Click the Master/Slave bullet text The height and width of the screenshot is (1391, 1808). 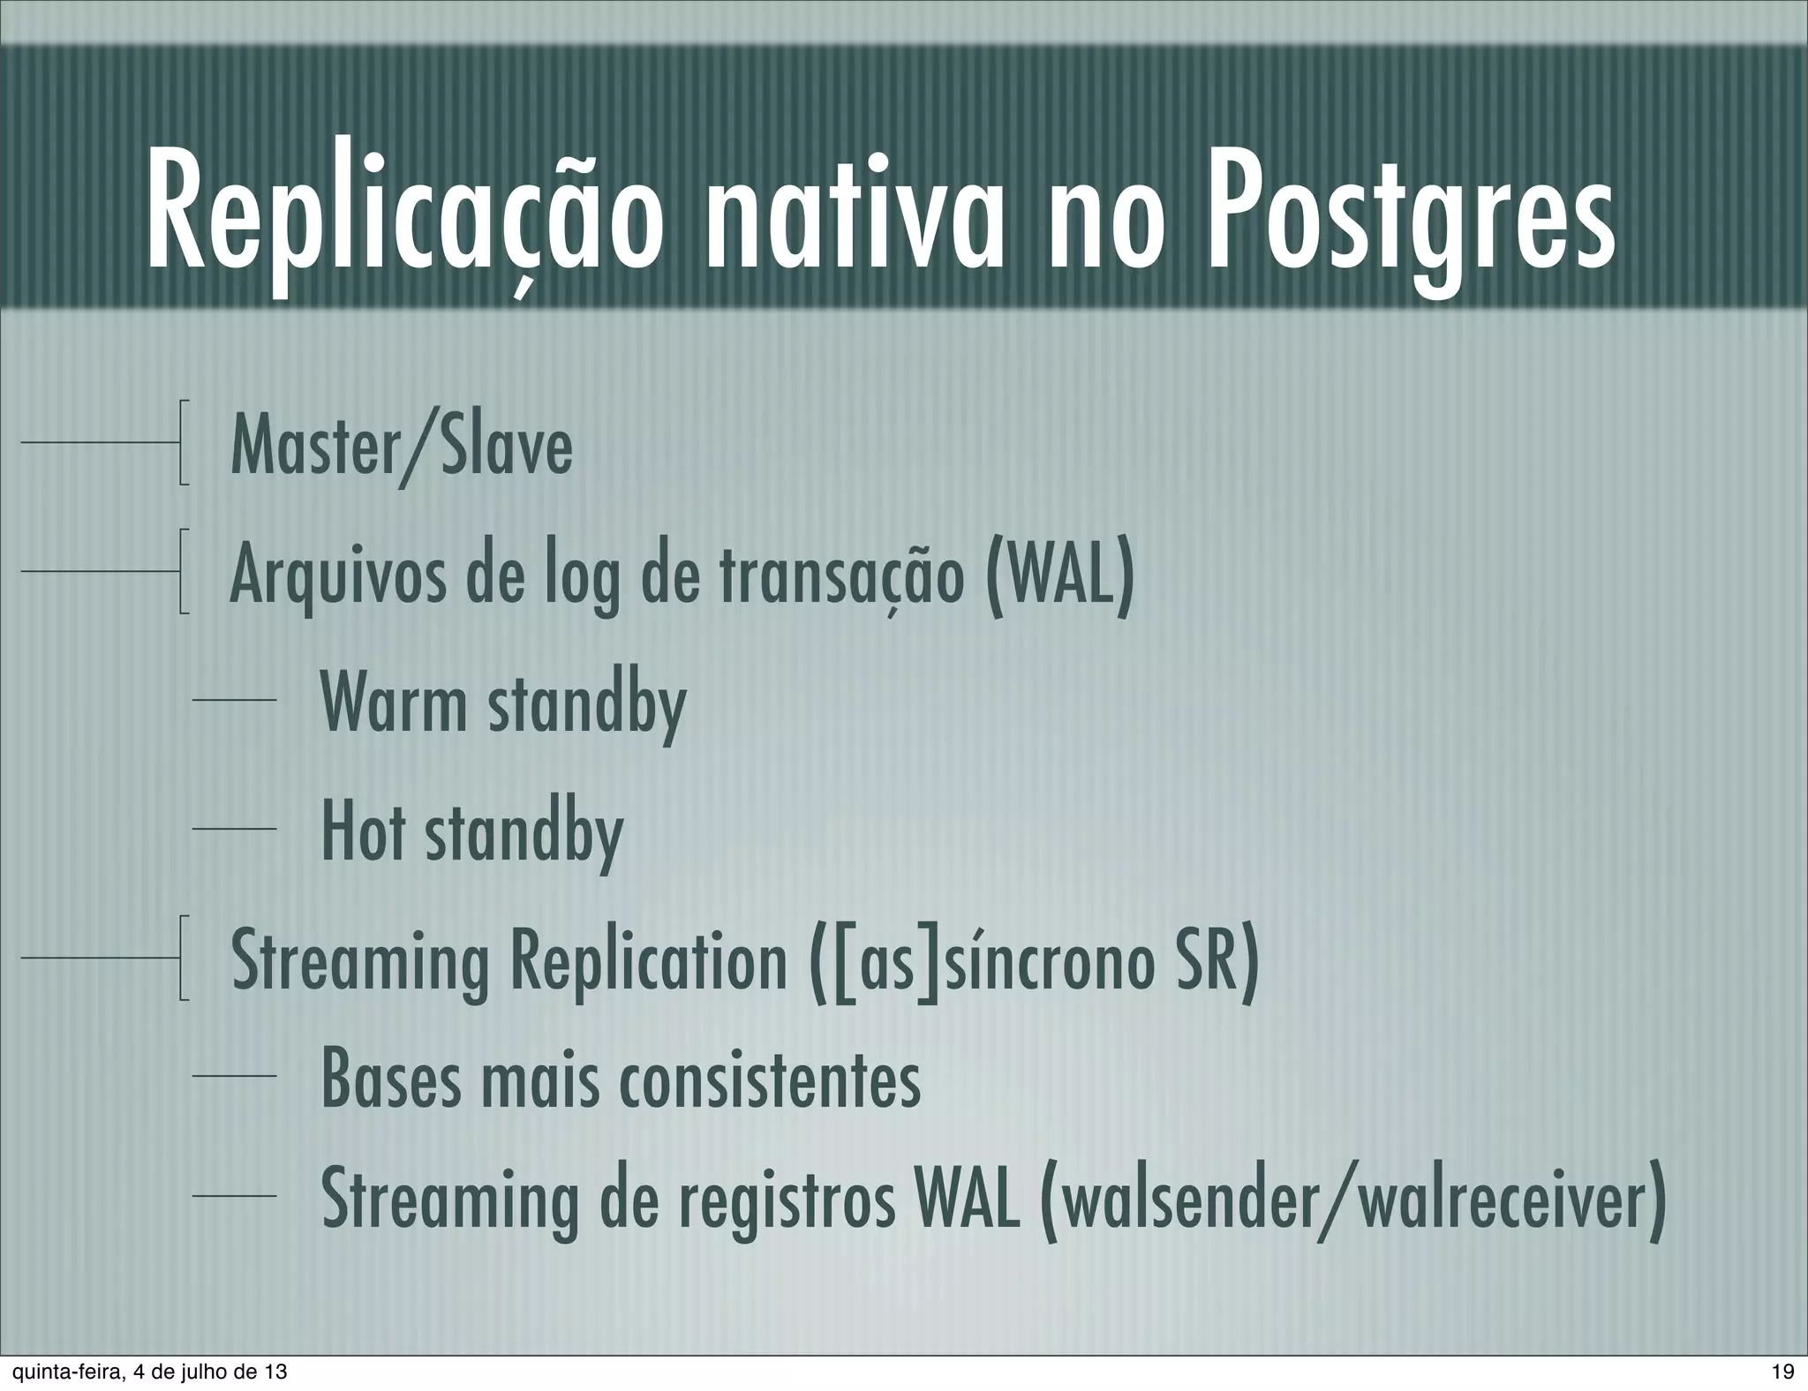(x=402, y=447)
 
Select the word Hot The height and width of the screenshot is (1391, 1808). (x=363, y=833)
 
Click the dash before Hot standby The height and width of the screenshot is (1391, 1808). (x=235, y=829)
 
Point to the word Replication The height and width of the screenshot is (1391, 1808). (x=649, y=961)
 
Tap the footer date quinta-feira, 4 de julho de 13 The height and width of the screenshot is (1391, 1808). (x=145, y=1372)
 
